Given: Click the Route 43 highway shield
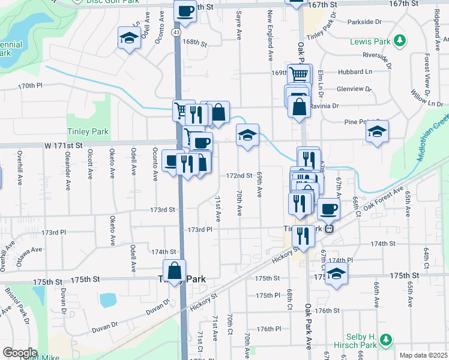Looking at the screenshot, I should (174, 31).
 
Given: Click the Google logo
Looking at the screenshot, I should (20, 352).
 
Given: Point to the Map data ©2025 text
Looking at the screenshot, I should (423, 355).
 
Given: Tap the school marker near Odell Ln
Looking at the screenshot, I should (128, 38).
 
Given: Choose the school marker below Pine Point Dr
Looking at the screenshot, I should (377, 132).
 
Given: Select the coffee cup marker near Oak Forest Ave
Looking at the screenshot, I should (328, 209).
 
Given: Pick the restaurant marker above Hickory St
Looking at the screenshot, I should (303, 235).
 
